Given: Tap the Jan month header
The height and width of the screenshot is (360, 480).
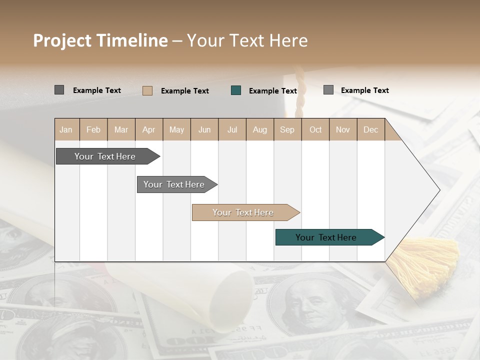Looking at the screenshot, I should [66, 129].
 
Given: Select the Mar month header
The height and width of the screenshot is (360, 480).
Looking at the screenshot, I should [121, 129].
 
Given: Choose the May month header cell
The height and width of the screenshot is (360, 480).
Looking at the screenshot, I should [176, 129].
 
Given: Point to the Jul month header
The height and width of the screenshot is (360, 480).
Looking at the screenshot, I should [232, 129].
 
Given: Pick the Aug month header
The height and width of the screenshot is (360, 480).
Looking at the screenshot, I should [259, 129].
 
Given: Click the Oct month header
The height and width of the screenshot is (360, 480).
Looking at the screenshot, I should [315, 129].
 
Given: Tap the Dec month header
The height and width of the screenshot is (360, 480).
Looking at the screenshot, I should [370, 129].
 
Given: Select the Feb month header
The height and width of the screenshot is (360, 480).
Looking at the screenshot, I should [93, 129].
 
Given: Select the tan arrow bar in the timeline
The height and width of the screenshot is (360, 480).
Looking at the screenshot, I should [244, 212].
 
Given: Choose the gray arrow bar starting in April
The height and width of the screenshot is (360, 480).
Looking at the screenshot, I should [175, 184].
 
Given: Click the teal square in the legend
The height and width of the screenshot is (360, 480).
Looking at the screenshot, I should [236, 90].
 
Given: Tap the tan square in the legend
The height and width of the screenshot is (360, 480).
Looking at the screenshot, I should [147, 90].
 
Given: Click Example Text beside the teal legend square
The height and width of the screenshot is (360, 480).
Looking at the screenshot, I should [273, 91].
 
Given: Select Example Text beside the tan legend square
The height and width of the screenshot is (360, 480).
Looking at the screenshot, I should [185, 91].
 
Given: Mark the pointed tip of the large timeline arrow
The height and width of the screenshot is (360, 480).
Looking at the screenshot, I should [439, 190].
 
